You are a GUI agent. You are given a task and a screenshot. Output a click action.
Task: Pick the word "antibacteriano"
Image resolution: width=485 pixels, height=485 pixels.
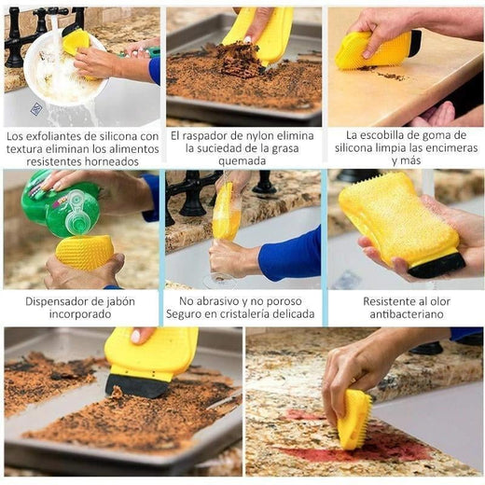point(407,314)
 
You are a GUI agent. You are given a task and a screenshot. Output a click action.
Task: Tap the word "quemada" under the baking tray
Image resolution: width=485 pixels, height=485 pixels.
point(242,161)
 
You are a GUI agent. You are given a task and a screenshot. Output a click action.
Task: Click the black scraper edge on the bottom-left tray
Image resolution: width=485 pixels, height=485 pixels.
point(137,386)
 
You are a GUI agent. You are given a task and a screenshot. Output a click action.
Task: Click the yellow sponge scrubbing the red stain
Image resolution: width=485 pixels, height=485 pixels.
point(354,418)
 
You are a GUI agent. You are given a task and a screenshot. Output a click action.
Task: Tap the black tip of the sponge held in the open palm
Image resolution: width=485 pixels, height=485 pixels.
point(436,265)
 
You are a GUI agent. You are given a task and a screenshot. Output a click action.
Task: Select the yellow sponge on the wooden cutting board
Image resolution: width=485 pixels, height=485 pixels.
point(378,49)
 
